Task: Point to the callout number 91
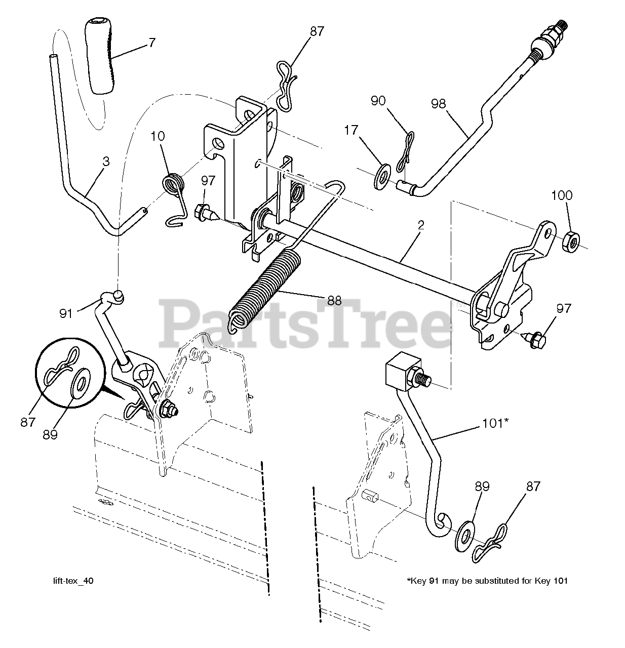pos(66,313)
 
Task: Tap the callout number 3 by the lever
pos(106,162)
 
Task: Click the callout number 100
pos(562,195)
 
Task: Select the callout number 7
pos(152,43)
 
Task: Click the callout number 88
pos(334,301)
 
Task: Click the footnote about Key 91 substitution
pos(487,581)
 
